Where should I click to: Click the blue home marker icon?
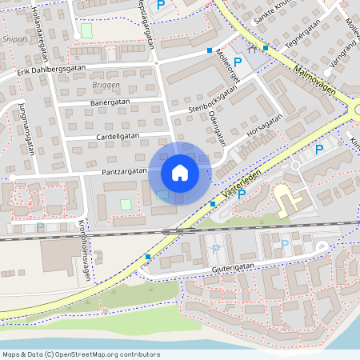click(x=180, y=173)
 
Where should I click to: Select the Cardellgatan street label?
click(x=118, y=136)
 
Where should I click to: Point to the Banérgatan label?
click(x=110, y=102)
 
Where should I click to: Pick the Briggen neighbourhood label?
click(x=106, y=84)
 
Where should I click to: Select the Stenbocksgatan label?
click(x=213, y=101)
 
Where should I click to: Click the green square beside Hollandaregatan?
click(x=86, y=30)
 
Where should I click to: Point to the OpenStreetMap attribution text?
click(x=82, y=354)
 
